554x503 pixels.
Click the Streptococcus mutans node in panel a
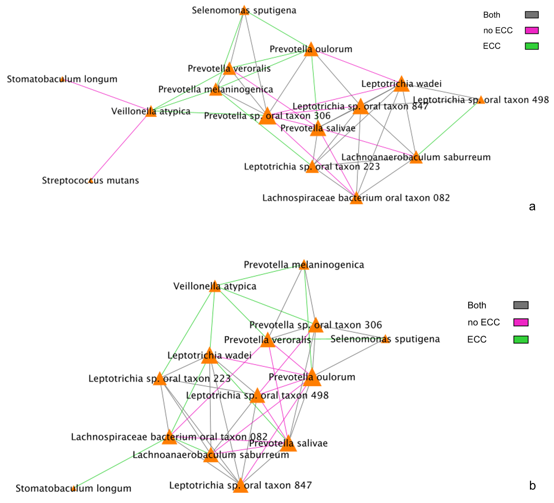pos(91,181)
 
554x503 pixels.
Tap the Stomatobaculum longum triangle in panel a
pos(62,80)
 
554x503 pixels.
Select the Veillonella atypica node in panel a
pos(151,112)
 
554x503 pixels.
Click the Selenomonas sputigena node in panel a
pos(244,10)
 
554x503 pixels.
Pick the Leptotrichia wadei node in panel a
pos(401,84)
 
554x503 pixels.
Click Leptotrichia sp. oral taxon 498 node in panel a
pos(481,100)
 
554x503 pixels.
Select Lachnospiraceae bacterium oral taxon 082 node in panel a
pos(356,199)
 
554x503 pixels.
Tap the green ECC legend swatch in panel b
pos(521,340)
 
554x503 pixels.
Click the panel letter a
pos(532,207)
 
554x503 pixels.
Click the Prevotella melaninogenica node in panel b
pos(304,265)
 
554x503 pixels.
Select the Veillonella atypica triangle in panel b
pos(215,287)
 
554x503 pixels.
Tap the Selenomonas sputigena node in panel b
pos(386,339)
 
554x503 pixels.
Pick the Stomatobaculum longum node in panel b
pos(74,488)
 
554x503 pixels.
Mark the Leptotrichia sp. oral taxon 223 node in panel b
pos(160,379)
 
